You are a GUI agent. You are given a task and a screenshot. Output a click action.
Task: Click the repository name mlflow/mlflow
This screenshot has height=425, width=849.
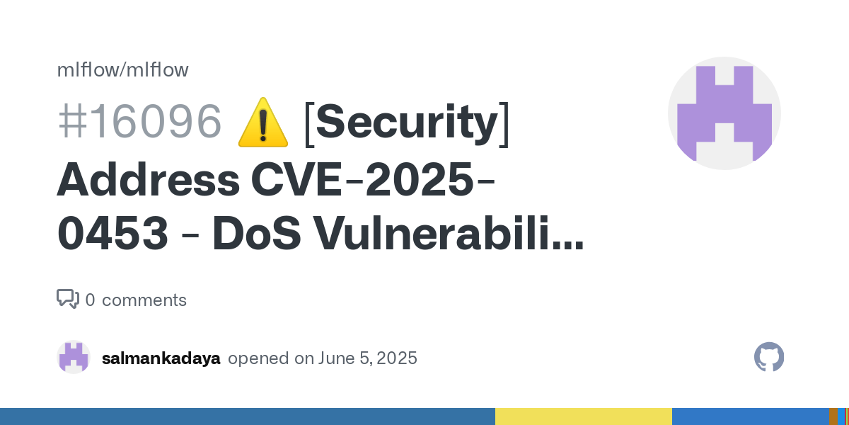pyautogui.click(x=122, y=69)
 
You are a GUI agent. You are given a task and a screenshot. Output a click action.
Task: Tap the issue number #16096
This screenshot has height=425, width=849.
pyautogui.click(x=139, y=121)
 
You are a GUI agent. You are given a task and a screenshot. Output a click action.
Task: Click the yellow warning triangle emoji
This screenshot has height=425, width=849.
pyautogui.click(x=263, y=122)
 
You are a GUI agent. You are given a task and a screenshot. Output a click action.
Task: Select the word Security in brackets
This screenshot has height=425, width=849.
pyautogui.click(x=407, y=122)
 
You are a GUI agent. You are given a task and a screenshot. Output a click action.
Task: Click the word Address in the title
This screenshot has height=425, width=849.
pyautogui.click(x=148, y=178)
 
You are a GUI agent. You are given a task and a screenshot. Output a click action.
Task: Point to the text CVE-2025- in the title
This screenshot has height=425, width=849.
pyautogui.click(x=373, y=178)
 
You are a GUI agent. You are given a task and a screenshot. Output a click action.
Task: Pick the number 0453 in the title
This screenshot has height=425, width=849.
pyautogui.click(x=112, y=233)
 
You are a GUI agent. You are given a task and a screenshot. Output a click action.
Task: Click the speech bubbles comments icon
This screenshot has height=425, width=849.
pyautogui.click(x=68, y=299)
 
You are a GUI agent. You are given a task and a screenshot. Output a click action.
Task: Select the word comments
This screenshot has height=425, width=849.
pyautogui.click(x=144, y=300)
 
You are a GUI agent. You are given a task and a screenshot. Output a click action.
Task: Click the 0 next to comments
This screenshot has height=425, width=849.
pyautogui.click(x=90, y=300)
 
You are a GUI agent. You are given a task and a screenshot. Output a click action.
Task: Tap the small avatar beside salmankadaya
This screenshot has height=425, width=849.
pyautogui.click(x=74, y=357)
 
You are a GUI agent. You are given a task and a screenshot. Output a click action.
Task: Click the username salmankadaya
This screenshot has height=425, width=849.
pyautogui.click(x=161, y=358)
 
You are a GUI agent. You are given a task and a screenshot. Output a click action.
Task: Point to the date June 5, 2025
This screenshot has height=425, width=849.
pyautogui.click(x=367, y=358)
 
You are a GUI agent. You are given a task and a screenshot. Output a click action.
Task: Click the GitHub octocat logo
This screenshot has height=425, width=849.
pyautogui.click(x=769, y=357)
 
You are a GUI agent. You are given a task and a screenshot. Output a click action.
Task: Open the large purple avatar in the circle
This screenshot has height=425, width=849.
pyautogui.click(x=724, y=113)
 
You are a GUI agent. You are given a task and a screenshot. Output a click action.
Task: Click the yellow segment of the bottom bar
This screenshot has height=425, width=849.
pyautogui.click(x=583, y=416)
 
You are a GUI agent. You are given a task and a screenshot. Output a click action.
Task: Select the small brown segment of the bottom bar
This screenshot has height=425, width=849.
pyautogui.click(x=833, y=416)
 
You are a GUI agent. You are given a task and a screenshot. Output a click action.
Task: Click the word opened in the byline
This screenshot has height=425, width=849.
pyautogui.click(x=258, y=359)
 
